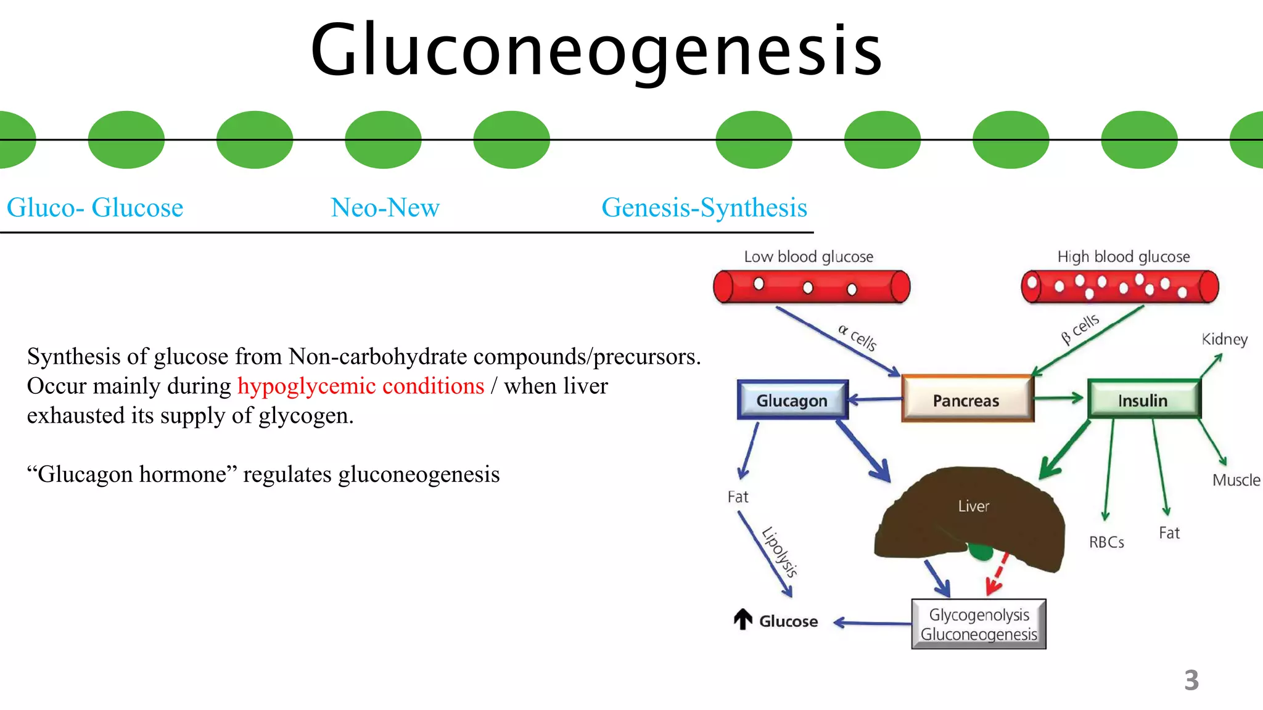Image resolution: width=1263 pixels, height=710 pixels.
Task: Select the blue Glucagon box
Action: click(x=792, y=400)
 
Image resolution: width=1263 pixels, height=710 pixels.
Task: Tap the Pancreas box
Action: click(x=966, y=400)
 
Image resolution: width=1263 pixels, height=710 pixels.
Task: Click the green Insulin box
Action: click(x=1143, y=400)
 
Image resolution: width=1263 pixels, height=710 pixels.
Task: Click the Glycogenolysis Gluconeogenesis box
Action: click(x=979, y=624)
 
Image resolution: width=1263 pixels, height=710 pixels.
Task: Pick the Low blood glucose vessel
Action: click(x=811, y=287)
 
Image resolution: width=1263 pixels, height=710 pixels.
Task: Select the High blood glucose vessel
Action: click(x=1119, y=287)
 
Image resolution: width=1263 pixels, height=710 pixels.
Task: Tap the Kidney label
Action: click(x=1224, y=339)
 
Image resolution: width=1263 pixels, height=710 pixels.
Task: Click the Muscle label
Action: click(x=1235, y=479)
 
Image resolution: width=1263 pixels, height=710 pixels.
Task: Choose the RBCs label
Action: click(x=1106, y=542)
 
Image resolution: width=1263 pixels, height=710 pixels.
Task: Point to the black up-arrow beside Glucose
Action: click(x=743, y=619)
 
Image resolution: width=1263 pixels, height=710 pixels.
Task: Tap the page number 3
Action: click(x=1191, y=680)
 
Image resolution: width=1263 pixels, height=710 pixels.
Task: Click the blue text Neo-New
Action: click(x=385, y=207)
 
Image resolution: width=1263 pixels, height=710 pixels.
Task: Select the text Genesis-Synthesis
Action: click(x=704, y=207)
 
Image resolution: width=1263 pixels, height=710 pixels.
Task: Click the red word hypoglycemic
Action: click(x=306, y=386)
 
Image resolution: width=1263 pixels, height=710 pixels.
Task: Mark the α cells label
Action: click(x=857, y=337)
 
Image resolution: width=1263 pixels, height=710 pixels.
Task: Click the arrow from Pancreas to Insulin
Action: click(x=1058, y=398)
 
